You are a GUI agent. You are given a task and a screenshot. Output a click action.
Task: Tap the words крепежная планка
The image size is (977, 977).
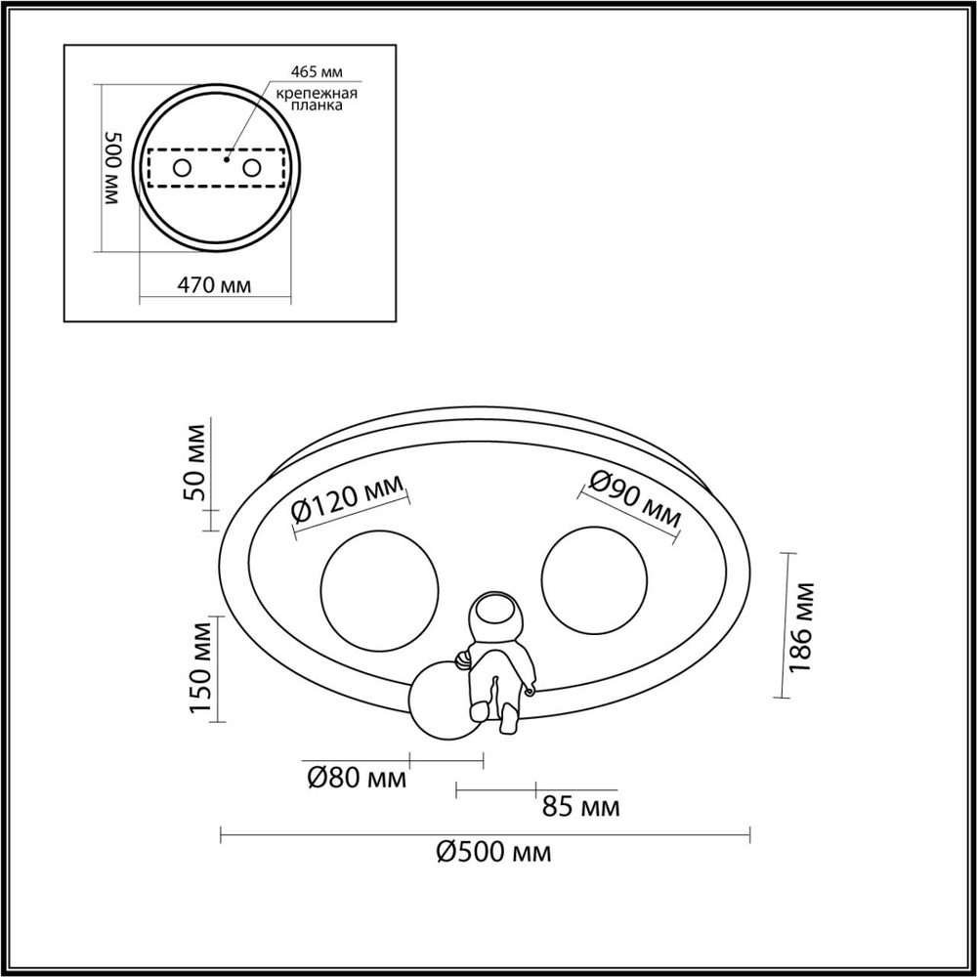(x=315, y=100)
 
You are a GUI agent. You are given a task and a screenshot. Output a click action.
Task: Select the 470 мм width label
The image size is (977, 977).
(x=214, y=286)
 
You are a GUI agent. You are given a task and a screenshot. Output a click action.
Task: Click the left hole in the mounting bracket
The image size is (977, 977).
(x=182, y=168)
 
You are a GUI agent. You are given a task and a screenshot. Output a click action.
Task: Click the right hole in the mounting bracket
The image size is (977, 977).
(x=252, y=168)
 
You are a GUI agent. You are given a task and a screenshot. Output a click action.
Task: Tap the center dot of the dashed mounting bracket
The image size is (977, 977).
(x=226, y=157)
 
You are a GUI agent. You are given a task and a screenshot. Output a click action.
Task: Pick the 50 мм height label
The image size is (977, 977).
(x=196, y=463)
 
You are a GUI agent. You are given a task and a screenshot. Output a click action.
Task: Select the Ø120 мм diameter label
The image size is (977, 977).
(x=350, y=504)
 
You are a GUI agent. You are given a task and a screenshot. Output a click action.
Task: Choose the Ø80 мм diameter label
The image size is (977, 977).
(x=356, y=779)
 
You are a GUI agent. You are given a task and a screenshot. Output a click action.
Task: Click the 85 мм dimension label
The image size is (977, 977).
(x=580, y=808)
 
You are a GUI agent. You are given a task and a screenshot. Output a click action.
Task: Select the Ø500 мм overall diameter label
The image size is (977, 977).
(x=492, y=853)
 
